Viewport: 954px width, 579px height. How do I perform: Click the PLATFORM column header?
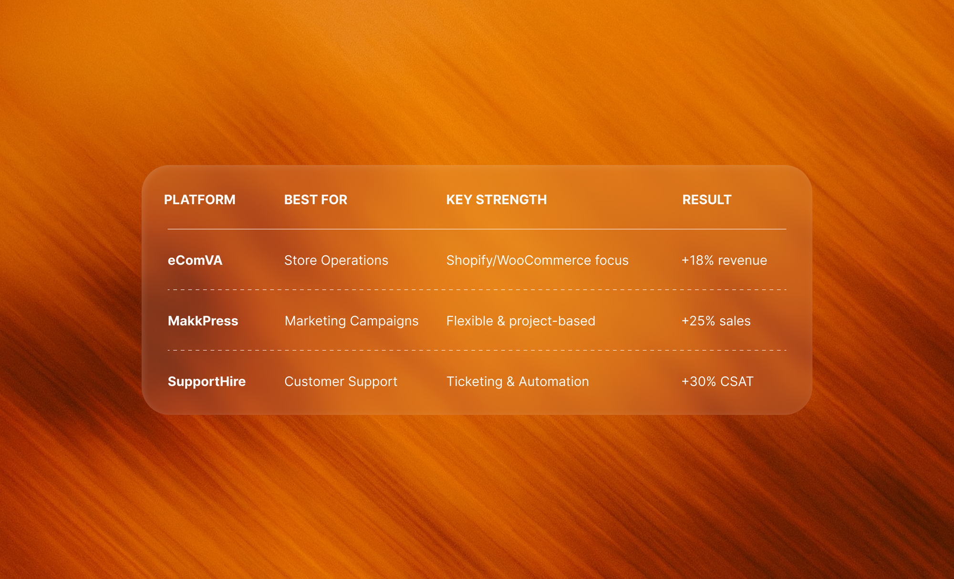[199, 200]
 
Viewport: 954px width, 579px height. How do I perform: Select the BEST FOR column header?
[315, 200]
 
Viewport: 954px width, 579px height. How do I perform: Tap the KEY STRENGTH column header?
[496, 200]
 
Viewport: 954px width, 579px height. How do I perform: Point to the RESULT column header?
[706, 200]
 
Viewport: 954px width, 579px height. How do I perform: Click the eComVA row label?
[195, 260]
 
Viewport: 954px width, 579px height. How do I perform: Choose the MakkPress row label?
[203, 321]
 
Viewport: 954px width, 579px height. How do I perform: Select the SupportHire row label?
[207, 381]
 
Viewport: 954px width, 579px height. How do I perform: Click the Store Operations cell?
[336, 260]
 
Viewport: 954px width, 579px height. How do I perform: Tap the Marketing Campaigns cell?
[351, 321]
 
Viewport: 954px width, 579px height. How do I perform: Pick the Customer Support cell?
[341, 381]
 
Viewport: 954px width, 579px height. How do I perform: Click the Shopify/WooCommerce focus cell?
[537, 260]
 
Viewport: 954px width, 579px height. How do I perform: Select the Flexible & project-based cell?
[520, 321]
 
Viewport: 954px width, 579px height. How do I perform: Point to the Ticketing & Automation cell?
[518, 381]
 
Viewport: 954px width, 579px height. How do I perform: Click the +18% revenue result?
[724, 260]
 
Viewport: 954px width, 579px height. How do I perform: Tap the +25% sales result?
[715, 321]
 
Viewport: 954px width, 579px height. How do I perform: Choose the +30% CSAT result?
[717, 381]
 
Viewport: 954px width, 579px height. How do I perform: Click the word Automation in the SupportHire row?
[553, 381]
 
